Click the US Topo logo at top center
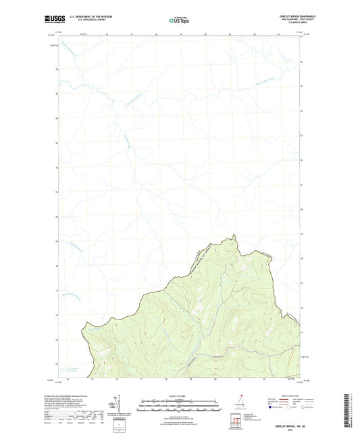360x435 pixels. [x=180, y=21]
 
